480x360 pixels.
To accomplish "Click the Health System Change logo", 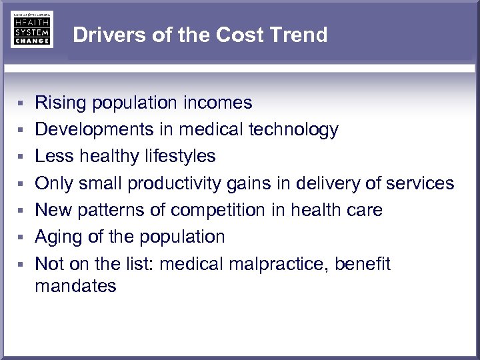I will (31, 29).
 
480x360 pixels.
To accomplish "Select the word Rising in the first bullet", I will (61, 103).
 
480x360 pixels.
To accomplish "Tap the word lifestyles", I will (180, 156).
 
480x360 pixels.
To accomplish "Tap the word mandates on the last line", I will (75, 287).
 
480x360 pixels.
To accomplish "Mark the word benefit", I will (363, 264).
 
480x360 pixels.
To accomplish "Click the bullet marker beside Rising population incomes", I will (21, 103).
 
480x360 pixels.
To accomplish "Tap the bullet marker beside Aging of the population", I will (21, 237).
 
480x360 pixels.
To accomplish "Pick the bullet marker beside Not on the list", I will (21, 265).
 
